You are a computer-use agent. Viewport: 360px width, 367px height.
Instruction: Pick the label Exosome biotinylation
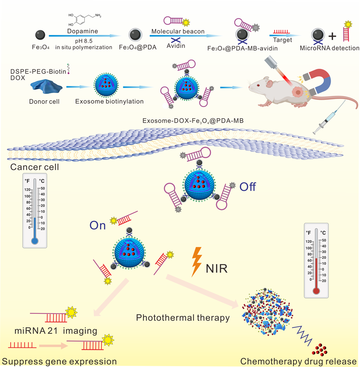(x=109, y=101)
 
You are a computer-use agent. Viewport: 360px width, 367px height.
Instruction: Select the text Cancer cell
(x=33, y=167)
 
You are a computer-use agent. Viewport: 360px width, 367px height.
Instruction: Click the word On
(x=97, y=226)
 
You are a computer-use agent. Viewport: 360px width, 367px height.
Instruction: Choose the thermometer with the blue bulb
(x=35, y=212)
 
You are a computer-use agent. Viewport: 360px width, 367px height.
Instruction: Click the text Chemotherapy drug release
(x=298, y=361)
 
